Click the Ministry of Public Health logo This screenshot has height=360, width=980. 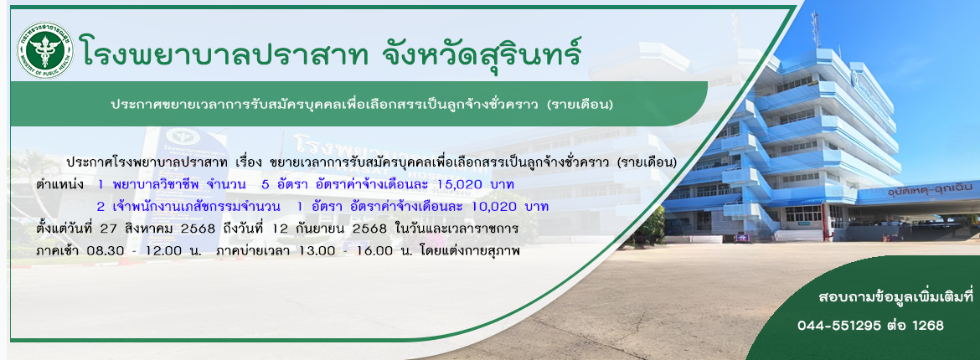tap(44, 50)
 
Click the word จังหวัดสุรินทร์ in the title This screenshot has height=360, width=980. tap(482, 53)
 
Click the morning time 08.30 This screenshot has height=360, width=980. tap(95, 251)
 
